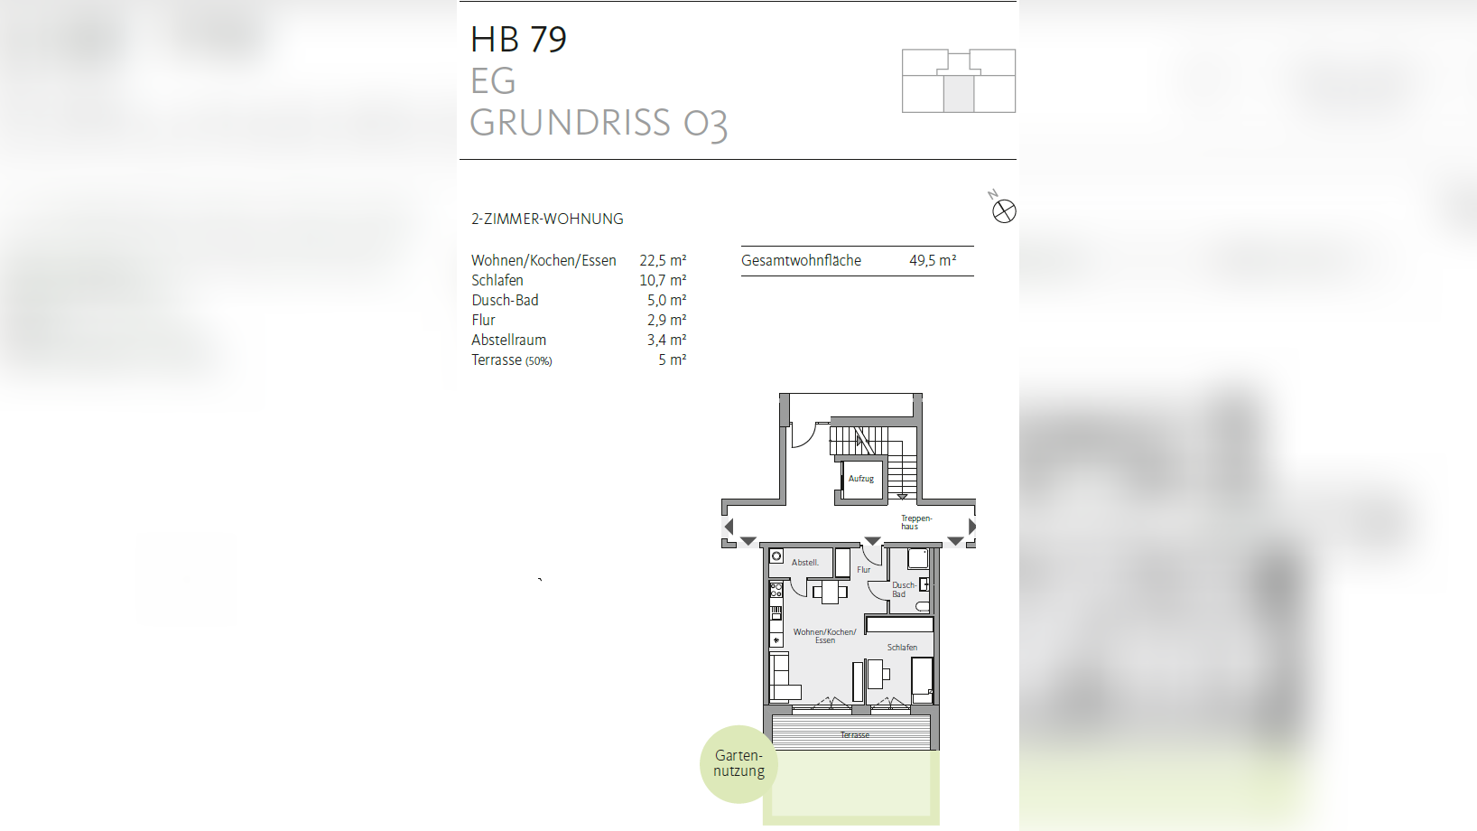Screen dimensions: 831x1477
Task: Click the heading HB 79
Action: (518, 40)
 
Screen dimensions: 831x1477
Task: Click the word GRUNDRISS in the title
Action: (570, 123)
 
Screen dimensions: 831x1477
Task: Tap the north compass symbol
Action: (1004, 211)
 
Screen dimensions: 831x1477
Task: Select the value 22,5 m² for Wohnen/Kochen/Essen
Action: (663, 260)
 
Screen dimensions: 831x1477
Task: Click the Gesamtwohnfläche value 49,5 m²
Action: (932, 260)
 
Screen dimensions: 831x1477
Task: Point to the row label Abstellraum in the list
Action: (508, 340)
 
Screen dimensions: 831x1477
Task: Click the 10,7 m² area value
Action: (663, 280)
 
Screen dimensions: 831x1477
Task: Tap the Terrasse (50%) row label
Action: (511, 359)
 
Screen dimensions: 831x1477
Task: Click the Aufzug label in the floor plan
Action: (860, 479)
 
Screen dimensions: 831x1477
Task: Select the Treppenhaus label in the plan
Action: (915, 522)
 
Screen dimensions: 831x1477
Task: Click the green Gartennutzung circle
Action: (738, 763)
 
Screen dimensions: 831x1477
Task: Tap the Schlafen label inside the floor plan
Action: (901, 648)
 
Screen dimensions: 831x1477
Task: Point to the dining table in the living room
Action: (830, 593)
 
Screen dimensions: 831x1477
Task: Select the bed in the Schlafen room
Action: (922, 679)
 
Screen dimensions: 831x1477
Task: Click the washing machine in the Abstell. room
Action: (776, 556)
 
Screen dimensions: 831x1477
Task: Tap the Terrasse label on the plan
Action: (854, 735)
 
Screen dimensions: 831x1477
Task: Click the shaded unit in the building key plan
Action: (959, 94)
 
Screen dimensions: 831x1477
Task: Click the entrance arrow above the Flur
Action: (872, 541)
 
